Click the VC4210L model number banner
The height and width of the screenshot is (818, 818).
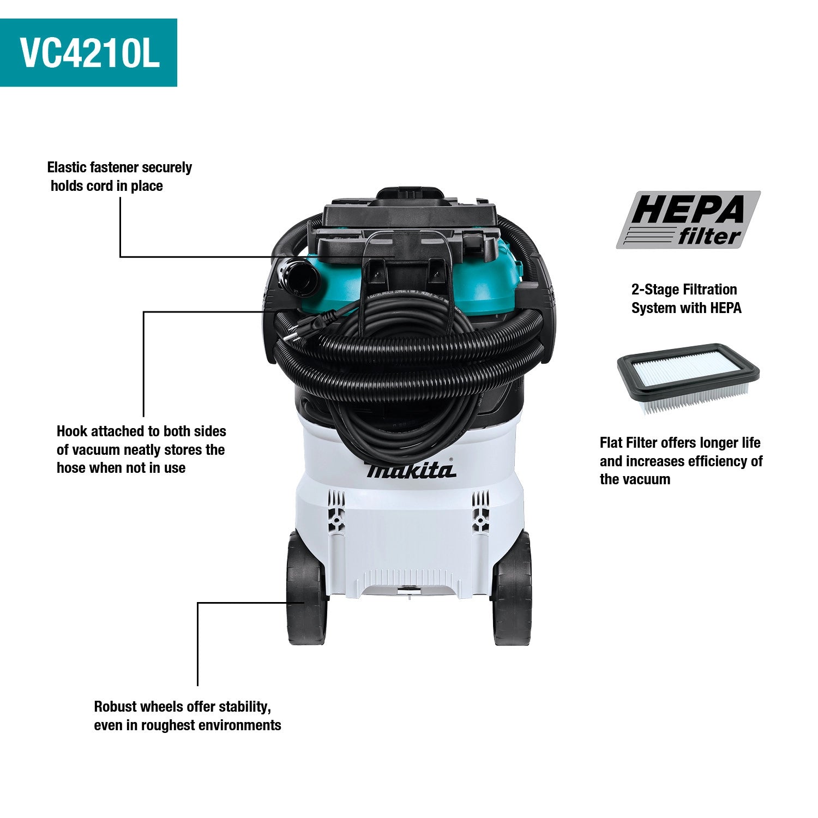tap(88, 52)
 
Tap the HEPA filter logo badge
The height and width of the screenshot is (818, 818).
tap(688, 220)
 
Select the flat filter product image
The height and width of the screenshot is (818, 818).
tap(688, 378)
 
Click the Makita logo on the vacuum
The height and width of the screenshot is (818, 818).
tap(411, 470)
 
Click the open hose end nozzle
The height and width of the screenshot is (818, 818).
tap(298, 277)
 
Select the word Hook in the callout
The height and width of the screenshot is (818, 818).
tap(72, 431)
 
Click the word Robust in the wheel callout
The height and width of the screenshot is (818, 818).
tap(115, 707)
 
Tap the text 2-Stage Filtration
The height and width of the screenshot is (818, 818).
tap(684, 290)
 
